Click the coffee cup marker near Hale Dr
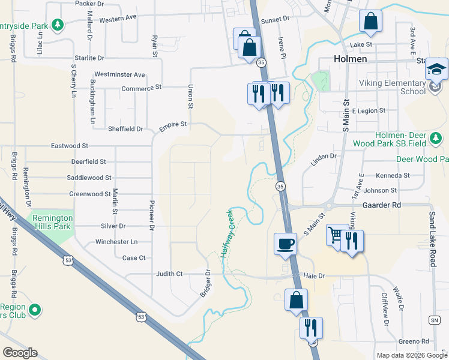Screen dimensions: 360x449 [x=285, y=244]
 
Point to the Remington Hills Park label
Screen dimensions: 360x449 [x=53, y=222]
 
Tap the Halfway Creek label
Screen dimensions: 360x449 [x=228, y=233]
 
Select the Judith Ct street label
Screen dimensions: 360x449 [x=169, y=274]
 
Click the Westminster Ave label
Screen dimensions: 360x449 [x=120, y=74]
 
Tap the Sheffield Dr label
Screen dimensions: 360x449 [x=125, y=128]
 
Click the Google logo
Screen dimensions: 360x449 [x=20, y=353]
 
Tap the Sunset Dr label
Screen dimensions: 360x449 [x=275, y=19]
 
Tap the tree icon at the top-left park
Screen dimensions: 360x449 [x=58, y=25]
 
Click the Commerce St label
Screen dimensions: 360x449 [x=142, y=87]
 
